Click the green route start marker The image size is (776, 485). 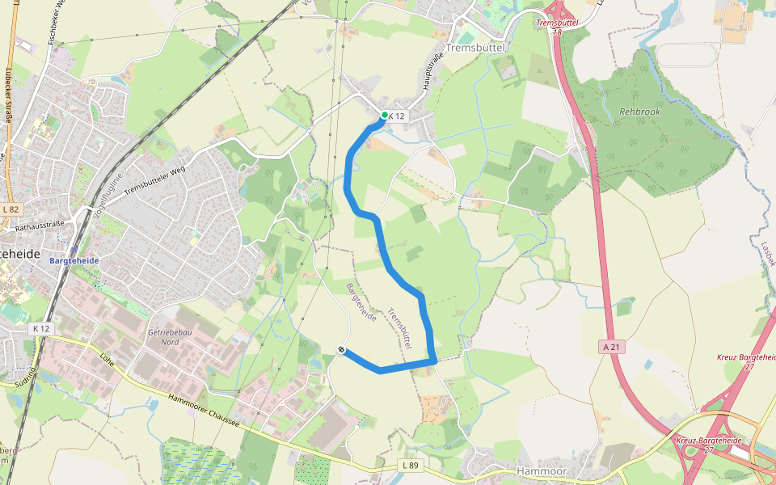click(x=385, y=116)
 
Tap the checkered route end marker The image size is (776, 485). click(x=342, y=350)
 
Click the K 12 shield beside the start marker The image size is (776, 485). click(x=397, y=116)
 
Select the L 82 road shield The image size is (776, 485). click(x=10, y=209)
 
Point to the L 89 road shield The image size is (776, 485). click(x=411, y=466)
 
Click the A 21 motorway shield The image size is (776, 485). click(x=612, y=346)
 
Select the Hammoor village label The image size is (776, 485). click(x=542, y=471)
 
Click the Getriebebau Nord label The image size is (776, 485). click(x=164, y=336)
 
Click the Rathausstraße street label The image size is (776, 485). click(x=40, y=228)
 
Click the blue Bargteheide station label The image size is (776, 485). click(x=74, y=261)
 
